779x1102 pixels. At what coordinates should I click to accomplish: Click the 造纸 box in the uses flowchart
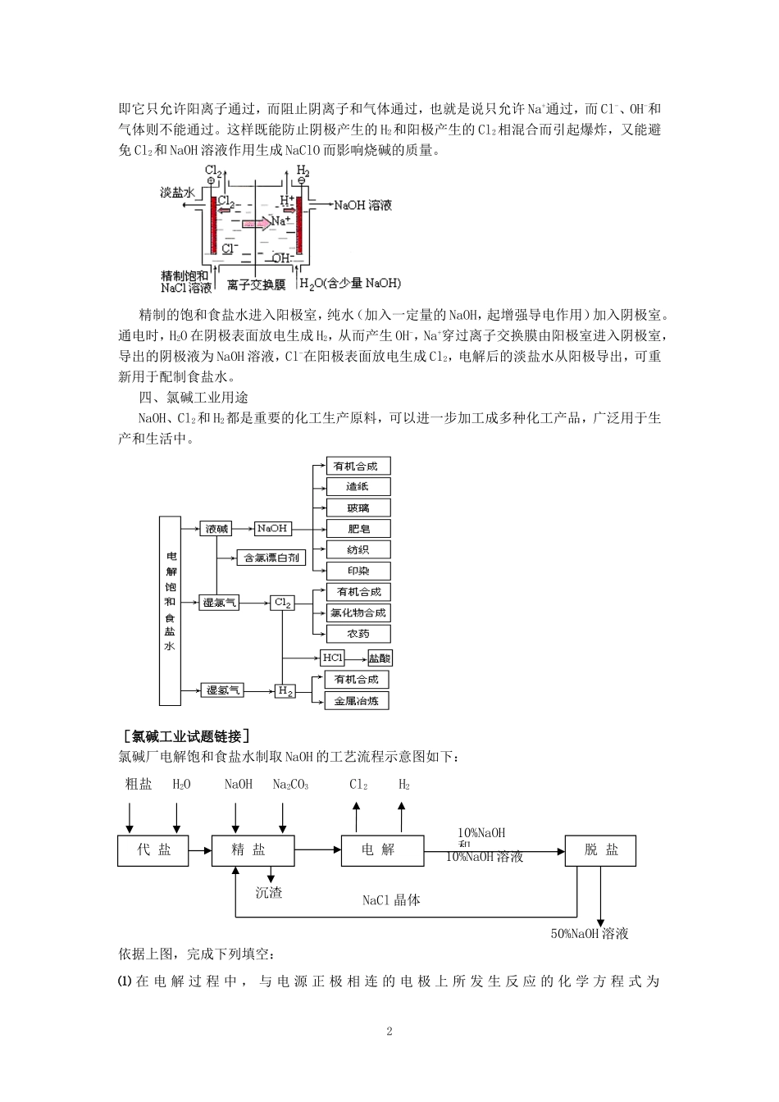[x=358, y=487]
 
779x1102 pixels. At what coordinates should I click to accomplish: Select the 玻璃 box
[x=358, y=508]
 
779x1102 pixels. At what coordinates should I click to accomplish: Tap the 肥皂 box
[x=358, y=529]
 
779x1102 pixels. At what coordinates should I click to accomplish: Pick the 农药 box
[x=358, y=634]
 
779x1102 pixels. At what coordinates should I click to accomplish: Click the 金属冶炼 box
[x=356, y=701]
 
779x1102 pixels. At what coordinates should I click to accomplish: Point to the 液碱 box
[x=216, y=529]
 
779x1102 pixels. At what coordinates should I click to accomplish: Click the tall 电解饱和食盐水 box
[x=170, y=610]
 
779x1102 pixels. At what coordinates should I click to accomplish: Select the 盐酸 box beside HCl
[x=380, y=658]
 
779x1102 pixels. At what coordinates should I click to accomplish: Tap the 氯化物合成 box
[x=358, y=612]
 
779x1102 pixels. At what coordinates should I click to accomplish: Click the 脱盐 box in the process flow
[x=600, y=850]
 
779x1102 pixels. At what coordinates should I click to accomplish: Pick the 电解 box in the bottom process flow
[x=382, y=850]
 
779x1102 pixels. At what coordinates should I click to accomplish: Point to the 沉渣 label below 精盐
[x=269, y=892]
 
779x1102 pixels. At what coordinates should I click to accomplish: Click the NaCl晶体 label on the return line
[x=391, y=900]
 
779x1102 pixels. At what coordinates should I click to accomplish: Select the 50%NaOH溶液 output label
[x=590, y=933]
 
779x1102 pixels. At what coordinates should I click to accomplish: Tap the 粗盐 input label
[x=139, y=784]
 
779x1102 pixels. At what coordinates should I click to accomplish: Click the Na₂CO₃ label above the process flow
[x=290, y=785]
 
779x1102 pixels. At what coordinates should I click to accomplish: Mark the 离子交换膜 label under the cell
[x=257, y=285]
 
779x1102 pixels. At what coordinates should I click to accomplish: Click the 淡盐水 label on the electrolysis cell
[x=177, y=192]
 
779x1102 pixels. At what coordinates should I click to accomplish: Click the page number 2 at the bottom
[x=389, y=1031]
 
